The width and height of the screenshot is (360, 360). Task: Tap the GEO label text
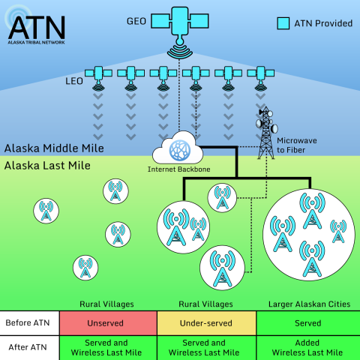136,13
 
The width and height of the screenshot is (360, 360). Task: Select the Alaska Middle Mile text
53,148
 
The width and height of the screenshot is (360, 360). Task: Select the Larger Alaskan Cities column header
309,304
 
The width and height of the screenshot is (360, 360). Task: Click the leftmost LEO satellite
97,74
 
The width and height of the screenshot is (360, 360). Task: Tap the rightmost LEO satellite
260,74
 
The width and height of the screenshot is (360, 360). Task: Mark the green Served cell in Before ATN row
308,323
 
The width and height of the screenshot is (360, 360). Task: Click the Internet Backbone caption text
179,169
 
